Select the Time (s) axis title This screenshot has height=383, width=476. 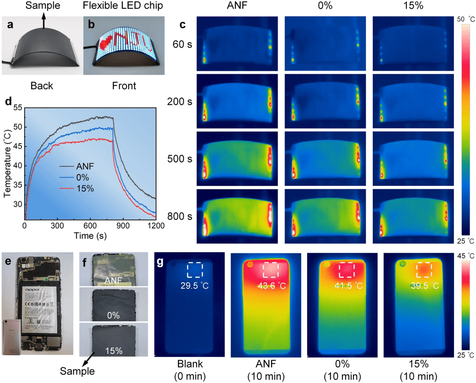[90, 236]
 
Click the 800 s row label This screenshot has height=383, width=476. [180, 216]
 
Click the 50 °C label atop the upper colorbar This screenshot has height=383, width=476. [466, 19]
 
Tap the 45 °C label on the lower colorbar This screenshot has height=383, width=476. [466, 256]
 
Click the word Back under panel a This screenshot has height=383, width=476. [42, 86]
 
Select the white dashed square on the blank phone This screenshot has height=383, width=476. [194, 269]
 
